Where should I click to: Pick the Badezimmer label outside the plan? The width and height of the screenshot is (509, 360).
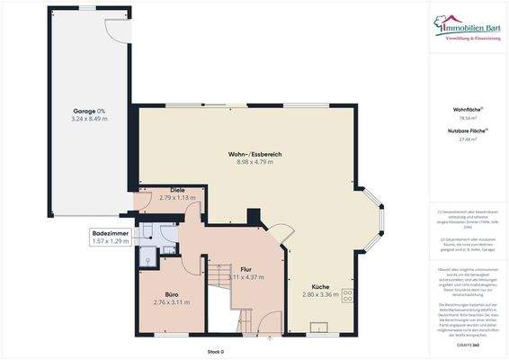click(x=111, y=233)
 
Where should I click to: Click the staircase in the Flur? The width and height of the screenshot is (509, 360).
click(x=221, y=284)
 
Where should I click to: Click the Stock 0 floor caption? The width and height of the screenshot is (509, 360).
click(x=215, y=352)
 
